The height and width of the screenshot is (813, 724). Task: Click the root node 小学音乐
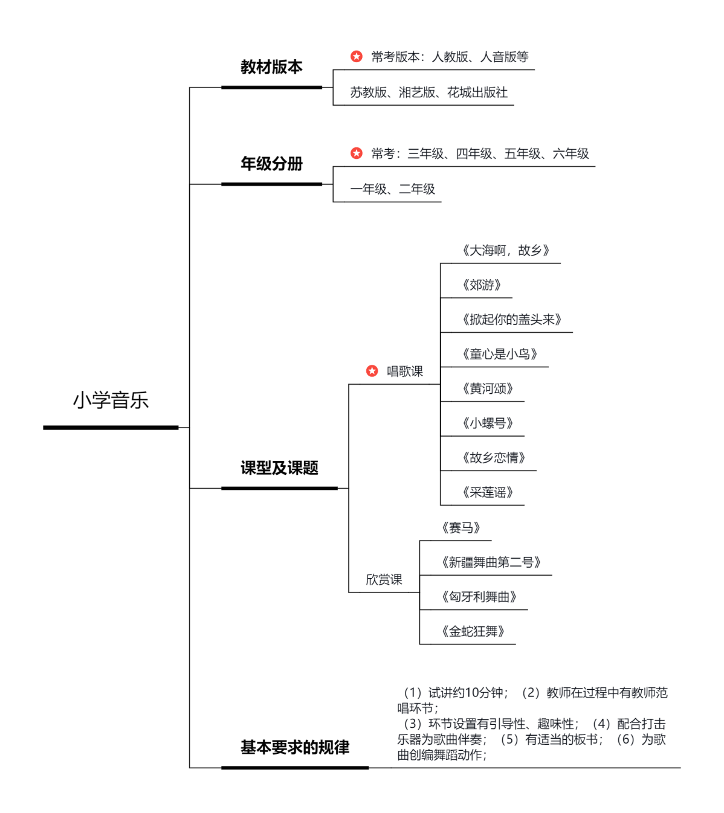coord(111,400)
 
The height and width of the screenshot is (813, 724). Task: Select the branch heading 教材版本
coord(271,67)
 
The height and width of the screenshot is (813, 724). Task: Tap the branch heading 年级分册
coord(271,164)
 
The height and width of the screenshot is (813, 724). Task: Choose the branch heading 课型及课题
coord(279,468)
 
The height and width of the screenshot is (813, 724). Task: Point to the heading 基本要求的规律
coord(295,748)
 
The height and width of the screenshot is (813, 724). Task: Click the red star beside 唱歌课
coord(372,371)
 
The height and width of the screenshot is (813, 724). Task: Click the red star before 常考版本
coord(357,56)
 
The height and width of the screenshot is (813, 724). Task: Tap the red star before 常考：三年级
coord(357,153)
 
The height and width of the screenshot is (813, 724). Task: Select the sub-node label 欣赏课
coord(384,580)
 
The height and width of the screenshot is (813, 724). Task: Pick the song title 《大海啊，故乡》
coord(506,251)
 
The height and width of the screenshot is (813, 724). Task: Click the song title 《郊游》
coord(482,285)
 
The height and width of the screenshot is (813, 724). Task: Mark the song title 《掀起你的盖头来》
coord(512,320)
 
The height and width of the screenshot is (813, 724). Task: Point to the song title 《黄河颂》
coord(488,389)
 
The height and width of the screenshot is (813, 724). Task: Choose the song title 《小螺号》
coord(488,423)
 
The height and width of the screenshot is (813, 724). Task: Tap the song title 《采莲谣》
coord(488,493)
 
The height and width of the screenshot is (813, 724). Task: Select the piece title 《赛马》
coord(461,529)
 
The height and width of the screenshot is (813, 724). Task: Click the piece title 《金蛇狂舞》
coord(473,632)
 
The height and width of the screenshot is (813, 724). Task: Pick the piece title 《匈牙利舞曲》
coord(479,597)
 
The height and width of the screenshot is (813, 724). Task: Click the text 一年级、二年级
coord(392,189)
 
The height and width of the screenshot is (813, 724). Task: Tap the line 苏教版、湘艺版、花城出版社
coord(428,92)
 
